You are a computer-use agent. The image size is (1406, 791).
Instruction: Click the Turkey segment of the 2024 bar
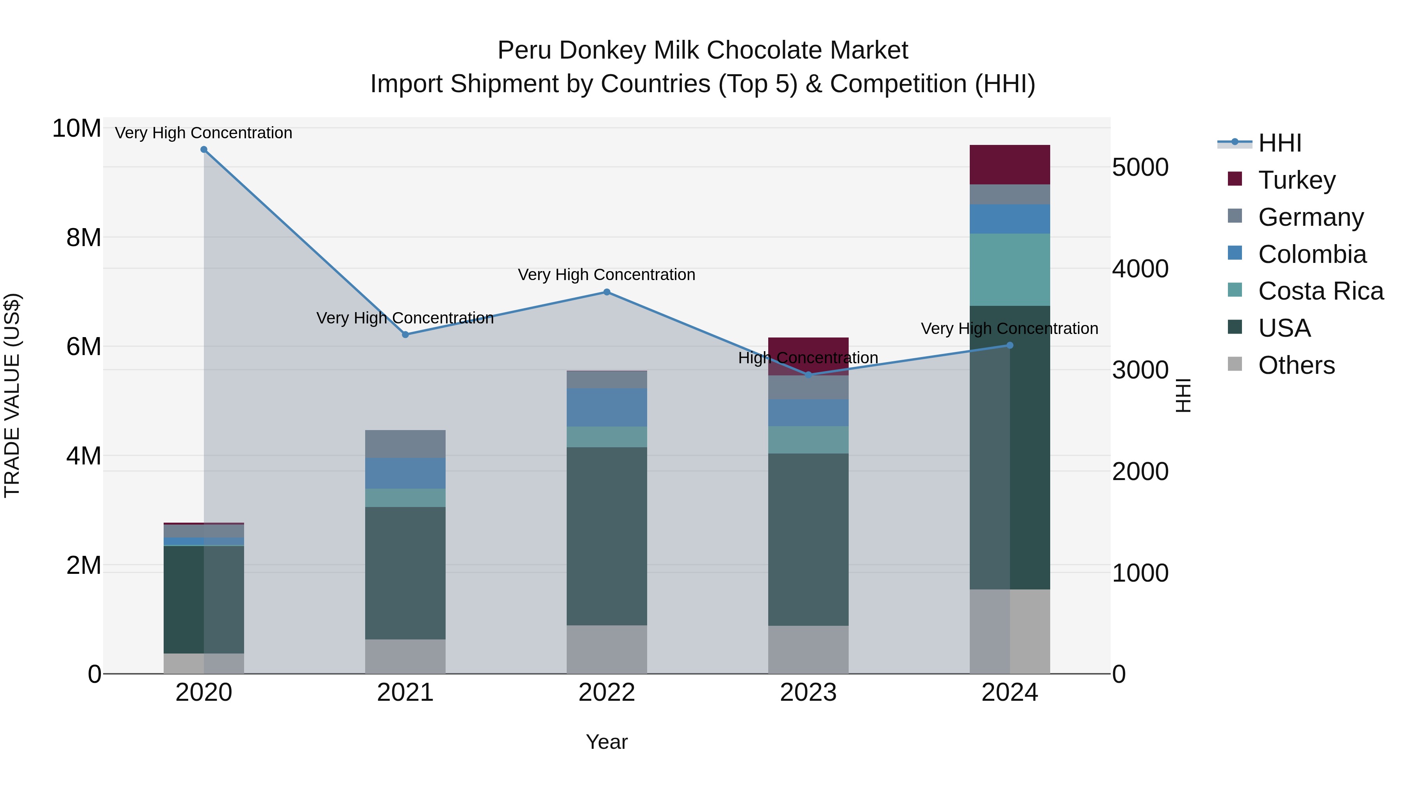click(x=1009, y=164)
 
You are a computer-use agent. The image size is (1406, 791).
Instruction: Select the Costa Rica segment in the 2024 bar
click(x=1009, y=269)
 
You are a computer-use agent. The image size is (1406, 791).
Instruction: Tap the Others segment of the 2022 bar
click(x=607, y=649)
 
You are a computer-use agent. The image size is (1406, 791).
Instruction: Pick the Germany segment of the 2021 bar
click(x=405, y=443)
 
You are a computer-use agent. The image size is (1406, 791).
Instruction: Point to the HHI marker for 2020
click(x=203, y=149)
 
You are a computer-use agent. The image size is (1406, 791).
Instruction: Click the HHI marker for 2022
click(x=607, y=292)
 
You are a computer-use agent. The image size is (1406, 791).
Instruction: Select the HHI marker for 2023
click(x=808, y=375)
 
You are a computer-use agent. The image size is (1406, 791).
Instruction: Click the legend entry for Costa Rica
click(x=1320, y=291)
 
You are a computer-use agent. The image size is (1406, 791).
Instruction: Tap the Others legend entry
click(x=1296, y=365)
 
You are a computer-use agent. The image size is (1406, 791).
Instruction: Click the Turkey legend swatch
click(x=1235, y=179)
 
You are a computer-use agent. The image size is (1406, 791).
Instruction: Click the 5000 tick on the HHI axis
click(x=1140, y=168)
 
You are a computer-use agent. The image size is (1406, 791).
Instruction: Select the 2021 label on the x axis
click(x=405, y=693)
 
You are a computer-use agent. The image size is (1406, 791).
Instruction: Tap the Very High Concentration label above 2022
click(x=607, y=275)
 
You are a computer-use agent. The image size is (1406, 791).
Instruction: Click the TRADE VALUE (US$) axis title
click(x=12, y=395)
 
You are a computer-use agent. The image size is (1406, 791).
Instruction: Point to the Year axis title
click(x=607, y=742)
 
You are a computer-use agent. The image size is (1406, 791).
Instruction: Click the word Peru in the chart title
click(x=524, y=50)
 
